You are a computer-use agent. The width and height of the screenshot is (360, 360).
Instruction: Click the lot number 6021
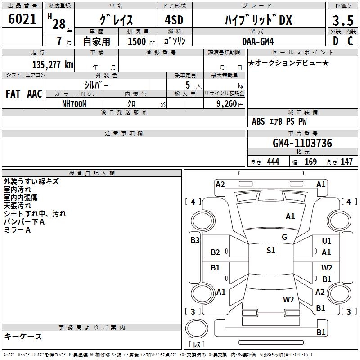pyautogui.click(x=22, y=19)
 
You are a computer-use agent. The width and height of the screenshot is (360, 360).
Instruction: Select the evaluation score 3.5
pyautogui.click(x=342, y=21)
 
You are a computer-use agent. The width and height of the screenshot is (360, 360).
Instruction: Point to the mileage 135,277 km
pyautogui.click(x=53, y=65)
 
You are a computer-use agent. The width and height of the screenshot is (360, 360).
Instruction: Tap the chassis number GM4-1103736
pyautogui.click(x=302, y=144)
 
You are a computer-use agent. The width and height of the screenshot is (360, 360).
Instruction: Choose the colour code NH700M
pyautogui.click(x=74, y=103)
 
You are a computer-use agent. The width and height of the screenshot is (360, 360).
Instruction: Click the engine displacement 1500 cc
pyautogui.click(x=137, y=41)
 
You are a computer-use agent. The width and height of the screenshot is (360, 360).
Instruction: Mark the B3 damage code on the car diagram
pyautogui.click(x=195, y=240)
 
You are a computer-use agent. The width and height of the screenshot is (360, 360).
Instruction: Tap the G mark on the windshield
pyautogui.click(x=284, y=237)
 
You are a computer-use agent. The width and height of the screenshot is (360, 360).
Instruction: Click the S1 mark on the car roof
pyautogui.click(x=270, y=251)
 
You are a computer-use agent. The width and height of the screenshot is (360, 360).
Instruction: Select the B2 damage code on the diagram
pyautogui.click(x=216, y=252)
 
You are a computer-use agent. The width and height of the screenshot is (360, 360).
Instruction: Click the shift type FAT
pyautogui.click(x=13, y=94)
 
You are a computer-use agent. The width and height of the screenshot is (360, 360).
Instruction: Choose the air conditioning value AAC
pyautogui.click(x=35, y=94)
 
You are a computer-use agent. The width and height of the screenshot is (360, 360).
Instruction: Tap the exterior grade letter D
pyautogui.click(x=335, y=41)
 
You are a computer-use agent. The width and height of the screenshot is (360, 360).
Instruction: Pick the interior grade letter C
pyautogui.click(x=351, y=41)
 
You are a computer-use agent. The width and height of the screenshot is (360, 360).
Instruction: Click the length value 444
pyautogui.click(x=273, y=162)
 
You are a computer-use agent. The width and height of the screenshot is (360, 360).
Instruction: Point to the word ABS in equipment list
pyautogui.click(x=258, y=121)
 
